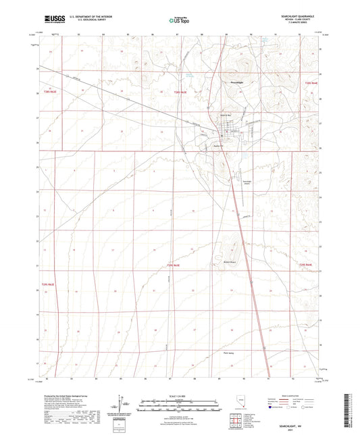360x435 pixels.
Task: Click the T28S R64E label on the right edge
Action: tap(311, 82)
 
